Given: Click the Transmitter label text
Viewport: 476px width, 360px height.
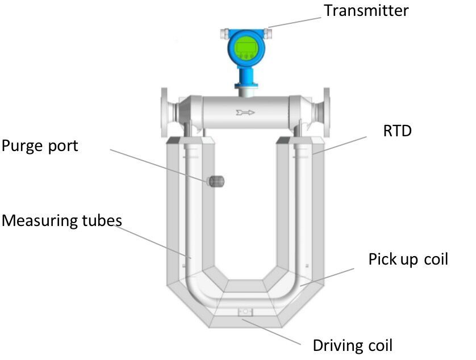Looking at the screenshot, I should coord(366,10).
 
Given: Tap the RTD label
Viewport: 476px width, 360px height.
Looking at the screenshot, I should coord(397,131).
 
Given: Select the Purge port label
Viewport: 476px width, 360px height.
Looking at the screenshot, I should coord(39,146).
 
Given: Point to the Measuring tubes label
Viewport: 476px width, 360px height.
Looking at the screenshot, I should coord(61,220).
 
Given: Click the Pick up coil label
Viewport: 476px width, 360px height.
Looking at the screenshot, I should coord(408,259).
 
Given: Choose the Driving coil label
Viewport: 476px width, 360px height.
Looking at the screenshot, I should coord(352,345).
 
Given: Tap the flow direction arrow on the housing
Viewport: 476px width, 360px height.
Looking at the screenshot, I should coord(245,113).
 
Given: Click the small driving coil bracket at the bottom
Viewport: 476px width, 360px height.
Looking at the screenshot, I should coord(245,311).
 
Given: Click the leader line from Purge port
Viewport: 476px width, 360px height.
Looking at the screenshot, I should coord(158,165).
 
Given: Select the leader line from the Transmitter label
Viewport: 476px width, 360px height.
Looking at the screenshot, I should coord(296,22).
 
